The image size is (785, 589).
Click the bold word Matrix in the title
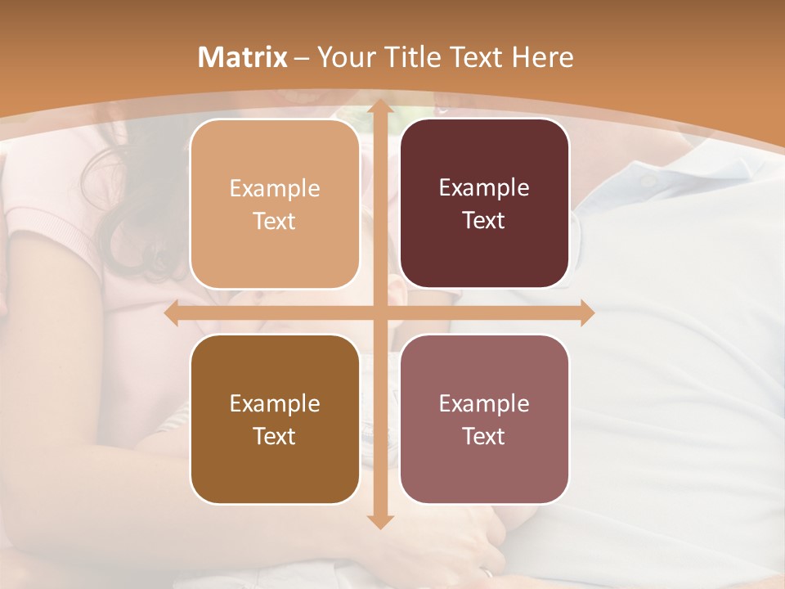[243, 57]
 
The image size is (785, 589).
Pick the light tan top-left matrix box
[275, 204]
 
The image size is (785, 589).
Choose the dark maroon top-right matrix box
[484, 204]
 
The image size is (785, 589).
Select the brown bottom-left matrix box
[275, 419]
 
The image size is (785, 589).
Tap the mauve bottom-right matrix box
[484, 419]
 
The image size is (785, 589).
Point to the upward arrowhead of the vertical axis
[379, 108]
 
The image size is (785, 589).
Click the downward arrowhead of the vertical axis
[379, 520]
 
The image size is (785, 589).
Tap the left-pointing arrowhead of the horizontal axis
[173, 313]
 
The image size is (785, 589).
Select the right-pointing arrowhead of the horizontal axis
[586, 313]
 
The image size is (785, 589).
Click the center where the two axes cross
[379, 313]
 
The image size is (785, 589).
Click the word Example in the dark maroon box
[484, 187]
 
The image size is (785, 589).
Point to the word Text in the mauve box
[484, 436]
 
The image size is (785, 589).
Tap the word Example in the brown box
[275, 403]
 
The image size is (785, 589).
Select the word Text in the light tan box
[275, 221]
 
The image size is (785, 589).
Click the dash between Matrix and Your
[302, 58]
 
